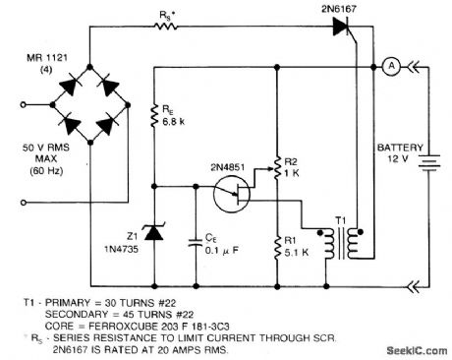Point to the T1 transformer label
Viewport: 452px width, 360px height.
341,220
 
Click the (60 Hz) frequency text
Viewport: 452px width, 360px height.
36,172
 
